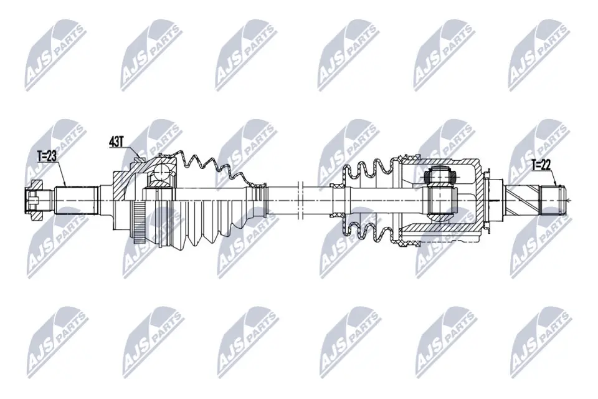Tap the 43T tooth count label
click(x=116, y=143)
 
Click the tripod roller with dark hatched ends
click(x=440, y=198)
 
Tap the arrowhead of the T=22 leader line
click(x=555, y=186)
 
